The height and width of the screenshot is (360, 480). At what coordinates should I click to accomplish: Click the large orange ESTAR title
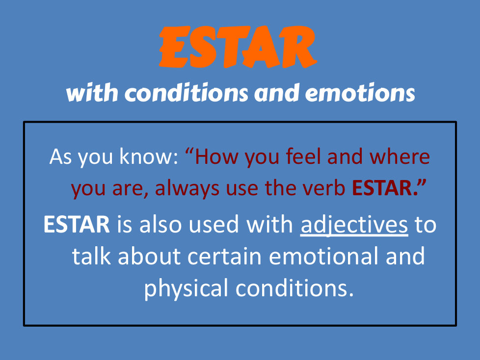pos(238,47)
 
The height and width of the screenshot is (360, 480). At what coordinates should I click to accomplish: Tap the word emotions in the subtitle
pos(360,93)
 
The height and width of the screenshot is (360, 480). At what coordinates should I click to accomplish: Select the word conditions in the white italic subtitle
pos(186,93)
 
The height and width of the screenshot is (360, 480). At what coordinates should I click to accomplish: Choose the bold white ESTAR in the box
pos(77,225)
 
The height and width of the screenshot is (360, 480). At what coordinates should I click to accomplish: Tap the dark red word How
pos(216,156)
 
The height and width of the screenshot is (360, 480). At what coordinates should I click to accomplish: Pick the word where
pos(400,156)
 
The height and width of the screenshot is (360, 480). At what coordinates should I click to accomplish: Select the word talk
pos(91,256)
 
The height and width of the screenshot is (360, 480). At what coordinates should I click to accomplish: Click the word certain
pos(224,257)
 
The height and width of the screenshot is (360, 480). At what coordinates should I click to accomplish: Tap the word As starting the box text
pos(60,156)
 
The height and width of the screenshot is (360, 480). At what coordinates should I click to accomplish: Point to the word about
pos(149,256)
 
